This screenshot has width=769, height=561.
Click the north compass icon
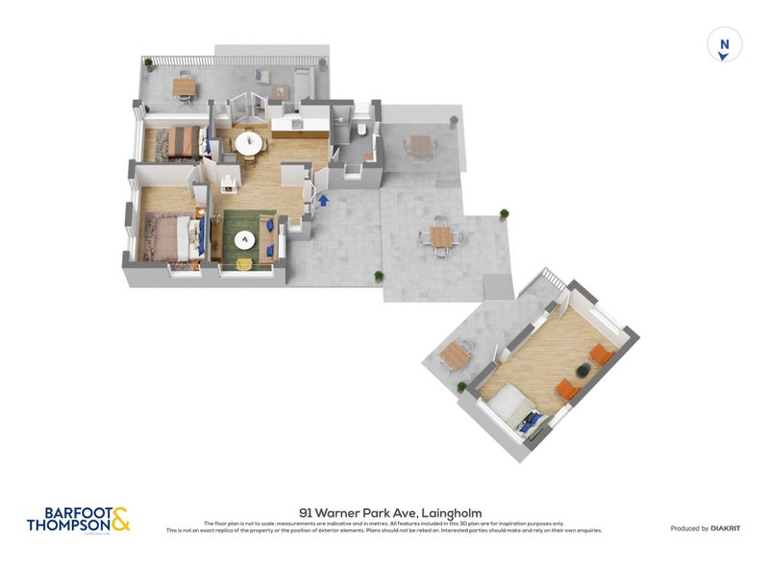pos(725,45)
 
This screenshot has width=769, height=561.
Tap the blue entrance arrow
pos(323,201)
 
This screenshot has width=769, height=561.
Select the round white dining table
pos(249,142)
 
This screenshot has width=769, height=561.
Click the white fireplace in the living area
pos(228,183)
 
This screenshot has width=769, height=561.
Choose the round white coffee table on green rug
pos(243,238)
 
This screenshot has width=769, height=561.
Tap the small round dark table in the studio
pos(582,370)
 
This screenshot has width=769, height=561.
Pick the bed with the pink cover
pos(169,235)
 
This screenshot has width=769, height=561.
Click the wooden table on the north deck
pos(183,85)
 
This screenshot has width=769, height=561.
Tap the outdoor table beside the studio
pos(453,354)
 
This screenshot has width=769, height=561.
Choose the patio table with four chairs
pos(441,236)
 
